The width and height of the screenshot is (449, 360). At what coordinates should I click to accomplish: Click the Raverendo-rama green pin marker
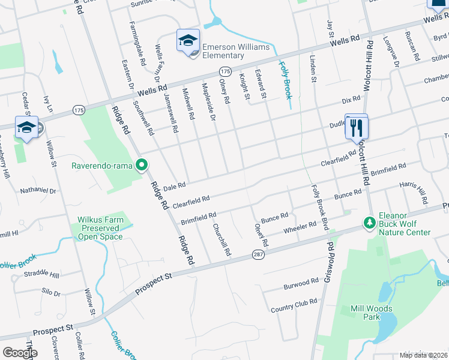142,164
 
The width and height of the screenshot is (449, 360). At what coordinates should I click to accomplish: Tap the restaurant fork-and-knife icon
357,127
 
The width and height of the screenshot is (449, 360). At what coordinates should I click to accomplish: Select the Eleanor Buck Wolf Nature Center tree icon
369,223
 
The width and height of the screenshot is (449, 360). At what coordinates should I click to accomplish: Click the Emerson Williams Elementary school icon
188,41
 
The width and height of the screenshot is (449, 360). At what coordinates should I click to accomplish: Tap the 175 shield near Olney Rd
225,71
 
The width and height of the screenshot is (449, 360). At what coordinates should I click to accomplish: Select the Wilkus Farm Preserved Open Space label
100,228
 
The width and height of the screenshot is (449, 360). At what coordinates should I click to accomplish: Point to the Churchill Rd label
221,240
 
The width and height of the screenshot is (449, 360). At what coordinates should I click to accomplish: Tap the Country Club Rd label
293,305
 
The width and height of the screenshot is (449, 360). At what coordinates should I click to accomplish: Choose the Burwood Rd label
301,282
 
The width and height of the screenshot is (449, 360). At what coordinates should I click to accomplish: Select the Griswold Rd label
329,263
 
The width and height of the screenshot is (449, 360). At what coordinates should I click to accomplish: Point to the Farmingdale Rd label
137,43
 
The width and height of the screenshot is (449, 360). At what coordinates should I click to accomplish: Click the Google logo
20,352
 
